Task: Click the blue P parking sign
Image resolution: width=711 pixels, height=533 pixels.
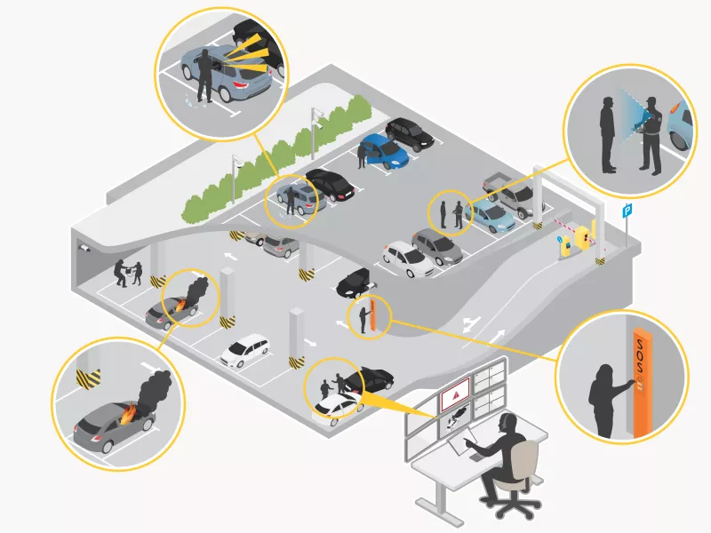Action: [x=627, y=211]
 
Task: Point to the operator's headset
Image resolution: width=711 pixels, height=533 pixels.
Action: [x=504, y=422]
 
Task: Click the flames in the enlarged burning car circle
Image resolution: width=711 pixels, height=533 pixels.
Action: [x=127, y=413]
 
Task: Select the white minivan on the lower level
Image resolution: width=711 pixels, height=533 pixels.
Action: [x=245, y=350]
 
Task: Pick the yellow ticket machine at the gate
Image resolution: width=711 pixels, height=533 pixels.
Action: [x=583, y=236]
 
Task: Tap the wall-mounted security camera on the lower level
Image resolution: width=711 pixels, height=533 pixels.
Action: [x=84, y=250]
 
